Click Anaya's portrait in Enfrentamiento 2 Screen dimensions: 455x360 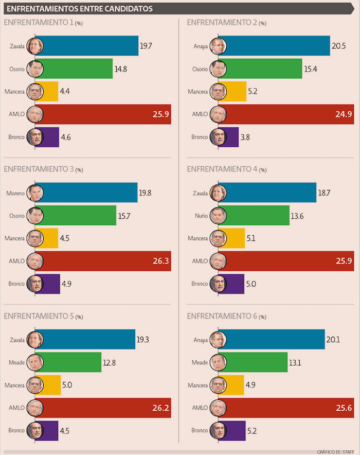coord(218,46)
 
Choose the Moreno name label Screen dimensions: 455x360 coord(15,193)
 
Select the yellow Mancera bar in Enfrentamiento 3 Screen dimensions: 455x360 coord(50,238)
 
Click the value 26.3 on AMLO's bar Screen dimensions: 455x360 coord(159,261)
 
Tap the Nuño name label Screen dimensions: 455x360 coord(202,216)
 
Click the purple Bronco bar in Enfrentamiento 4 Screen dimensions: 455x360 coord(235,284)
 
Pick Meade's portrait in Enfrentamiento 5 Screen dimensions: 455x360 coord(35,362)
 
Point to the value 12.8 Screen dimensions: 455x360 coord(109,362)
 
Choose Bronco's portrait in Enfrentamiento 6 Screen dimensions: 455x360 coord(218,430)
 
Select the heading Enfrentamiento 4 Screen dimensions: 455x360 coord(222,169)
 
